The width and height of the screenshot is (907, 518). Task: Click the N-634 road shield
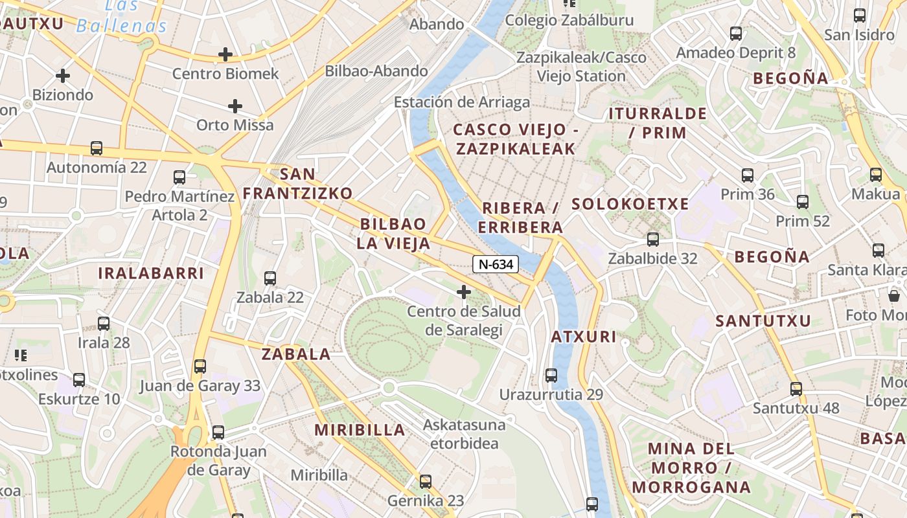(x=496, y=264)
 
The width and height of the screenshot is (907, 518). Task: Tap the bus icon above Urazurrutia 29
(x=551, y=375)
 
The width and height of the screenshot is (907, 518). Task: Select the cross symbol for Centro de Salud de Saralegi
(x=464, y=292)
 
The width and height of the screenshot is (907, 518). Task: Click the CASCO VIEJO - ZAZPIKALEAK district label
(x=516, y=139)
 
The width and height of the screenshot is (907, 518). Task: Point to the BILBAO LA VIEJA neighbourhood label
(x=393, y=234)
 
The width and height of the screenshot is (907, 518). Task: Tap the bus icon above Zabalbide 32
(x=652, y=239)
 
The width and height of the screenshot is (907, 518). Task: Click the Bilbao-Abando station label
(x=376, y=71)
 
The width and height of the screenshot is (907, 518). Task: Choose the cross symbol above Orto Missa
(x=235, y=106)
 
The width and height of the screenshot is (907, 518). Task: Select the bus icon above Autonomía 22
(x=97, y=148)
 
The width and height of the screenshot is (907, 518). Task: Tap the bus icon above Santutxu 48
(x=796, y=388)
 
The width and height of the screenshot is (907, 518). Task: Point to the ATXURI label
(x=584, y=337)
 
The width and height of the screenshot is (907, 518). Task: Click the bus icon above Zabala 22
(x=270, y=278)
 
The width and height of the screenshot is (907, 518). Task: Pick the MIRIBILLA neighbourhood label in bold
(x=360, y=430)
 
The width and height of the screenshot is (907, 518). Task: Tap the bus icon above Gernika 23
(x=426, y=481)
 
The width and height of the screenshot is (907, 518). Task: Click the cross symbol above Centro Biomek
(x=225, y=54)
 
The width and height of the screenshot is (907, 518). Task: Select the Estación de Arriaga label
(x=462, y=102)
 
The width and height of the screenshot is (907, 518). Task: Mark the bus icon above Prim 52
(x=803, y=201)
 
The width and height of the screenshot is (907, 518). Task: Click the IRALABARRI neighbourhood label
(x=151, y=273)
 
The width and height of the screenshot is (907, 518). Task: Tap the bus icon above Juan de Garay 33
(x=200, y=366)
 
